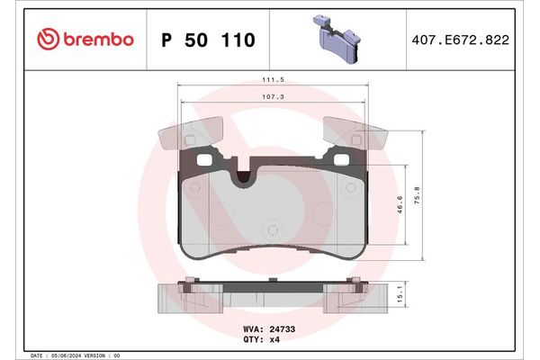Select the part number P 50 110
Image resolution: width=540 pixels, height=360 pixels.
point(207,40)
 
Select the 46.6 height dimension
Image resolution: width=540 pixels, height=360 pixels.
point(400,205)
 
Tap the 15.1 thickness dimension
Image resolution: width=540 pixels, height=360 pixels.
point(400,294)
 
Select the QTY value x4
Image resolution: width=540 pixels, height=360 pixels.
point(276,340)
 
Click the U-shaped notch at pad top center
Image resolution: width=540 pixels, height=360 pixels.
point(240,177)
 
